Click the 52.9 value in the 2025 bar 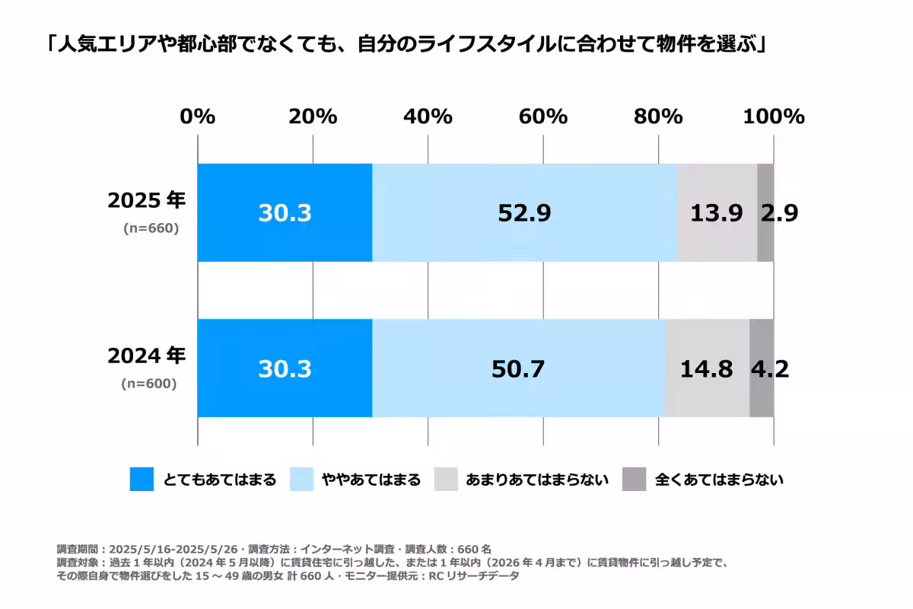click(x=524, y=214)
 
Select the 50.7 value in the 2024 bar click(x=518, y=369)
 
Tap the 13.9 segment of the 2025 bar click(x=717, y=214)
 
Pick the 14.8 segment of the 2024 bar click(x=707, y=369)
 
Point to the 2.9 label click(x=778, y=214)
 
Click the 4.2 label click(x=769, y=369)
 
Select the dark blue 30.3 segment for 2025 click(x=285, y=214)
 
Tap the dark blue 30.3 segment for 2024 click(x=285, y=369)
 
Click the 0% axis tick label click(x=198, y=116)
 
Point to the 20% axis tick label click(x=313, y=116)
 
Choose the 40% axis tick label click(x=428, y=116)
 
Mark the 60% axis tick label click(x=543, y=116)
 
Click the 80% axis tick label click(x=658, y=116)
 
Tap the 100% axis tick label click(x=773, y=116)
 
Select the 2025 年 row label click(x=147, y=201)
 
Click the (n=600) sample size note click(x=149, y=384)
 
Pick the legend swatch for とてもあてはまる click(x=142, y=480)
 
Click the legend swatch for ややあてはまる click(x=303, y=480)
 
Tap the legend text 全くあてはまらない click(x=719, y=480)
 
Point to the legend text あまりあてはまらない click(x=537, y=480)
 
